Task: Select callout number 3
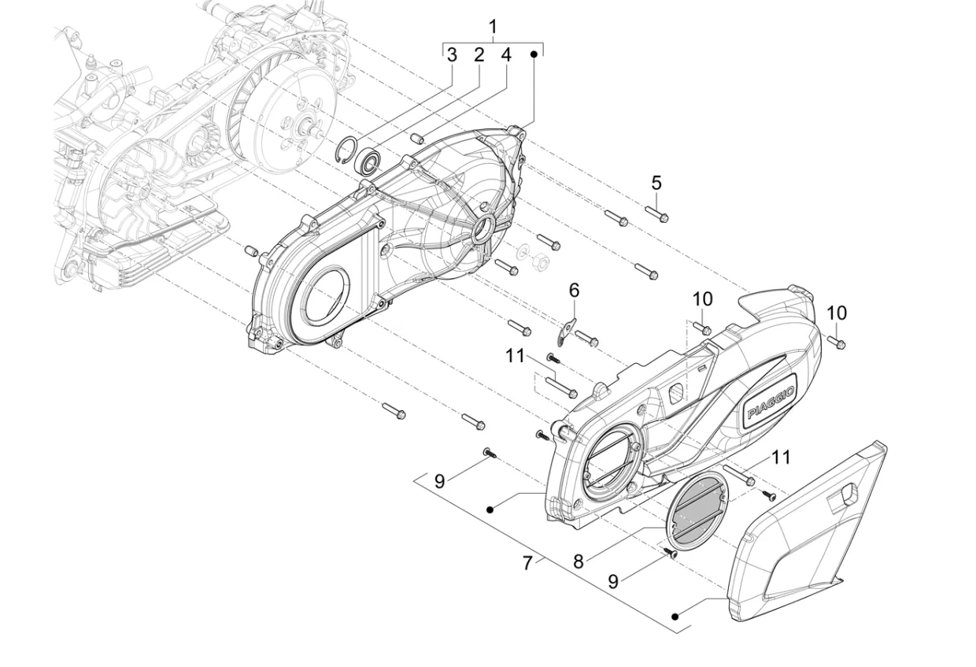coord(451,55)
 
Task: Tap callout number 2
coord(478,55)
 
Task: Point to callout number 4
coord(506,55)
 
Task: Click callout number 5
coord(656,183)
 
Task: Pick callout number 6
coord(574,291)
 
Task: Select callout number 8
coord(579,561)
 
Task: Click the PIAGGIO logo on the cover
coord(772,402)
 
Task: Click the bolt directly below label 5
coord(656,213)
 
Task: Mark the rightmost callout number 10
coord(837,313)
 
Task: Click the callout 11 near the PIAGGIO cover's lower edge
coord(780,457)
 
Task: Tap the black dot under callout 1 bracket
coord(534,54)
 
